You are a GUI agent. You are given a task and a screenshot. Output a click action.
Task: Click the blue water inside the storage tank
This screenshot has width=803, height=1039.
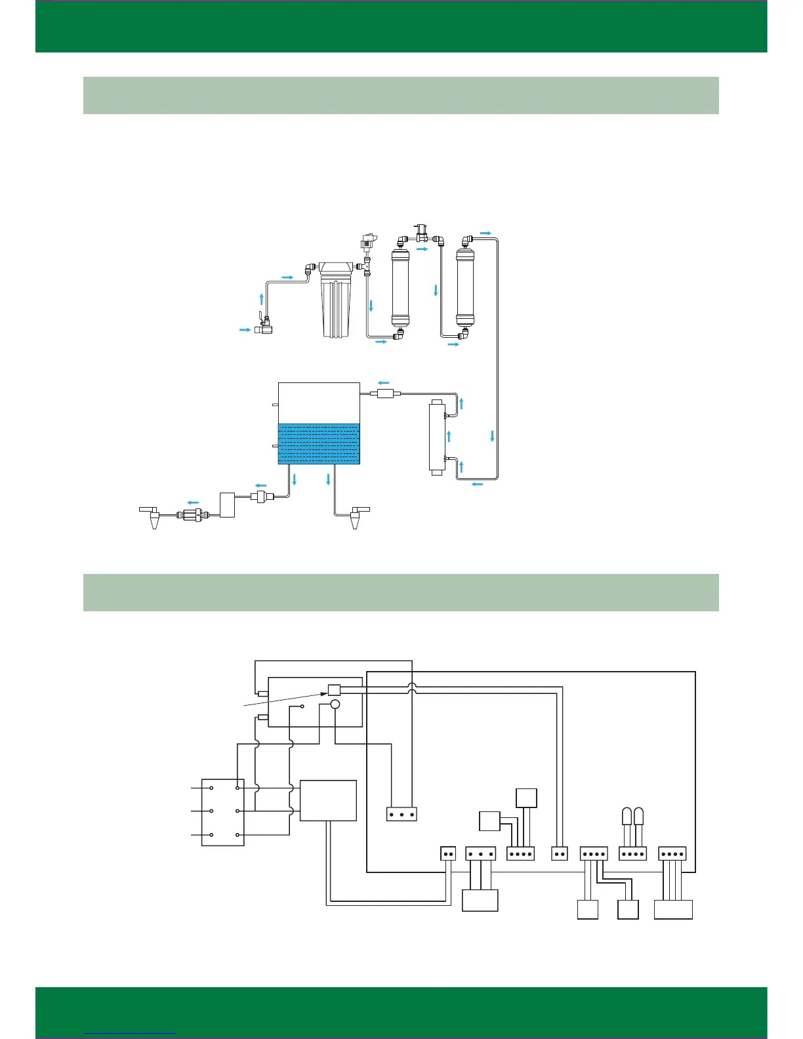point(319,443)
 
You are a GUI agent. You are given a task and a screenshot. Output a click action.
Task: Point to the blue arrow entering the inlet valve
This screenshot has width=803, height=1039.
point(245,330)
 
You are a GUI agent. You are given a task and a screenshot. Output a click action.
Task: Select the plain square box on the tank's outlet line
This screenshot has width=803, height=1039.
point(227,505)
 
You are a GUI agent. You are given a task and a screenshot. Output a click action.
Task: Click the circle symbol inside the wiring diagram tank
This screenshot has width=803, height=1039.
point(335,704)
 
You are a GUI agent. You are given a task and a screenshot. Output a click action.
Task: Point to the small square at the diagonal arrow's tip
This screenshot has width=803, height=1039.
point(334,689)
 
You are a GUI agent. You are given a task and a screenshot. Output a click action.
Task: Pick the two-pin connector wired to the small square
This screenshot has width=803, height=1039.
point(559,854)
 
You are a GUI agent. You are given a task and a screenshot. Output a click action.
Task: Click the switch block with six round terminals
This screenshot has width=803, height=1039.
point(223,812)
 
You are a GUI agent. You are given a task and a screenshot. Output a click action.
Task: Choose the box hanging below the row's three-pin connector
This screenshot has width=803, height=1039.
point(480,900)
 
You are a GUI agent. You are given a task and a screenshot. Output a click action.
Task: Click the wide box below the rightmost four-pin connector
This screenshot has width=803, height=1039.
point(673,909)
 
